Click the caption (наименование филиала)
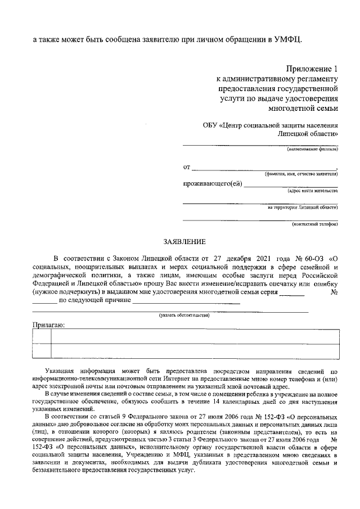point(312,150)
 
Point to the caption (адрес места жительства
point(312,191)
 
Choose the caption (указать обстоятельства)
point(184,315)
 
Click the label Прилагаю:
point(48,325)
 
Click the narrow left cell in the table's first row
point(41,336)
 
